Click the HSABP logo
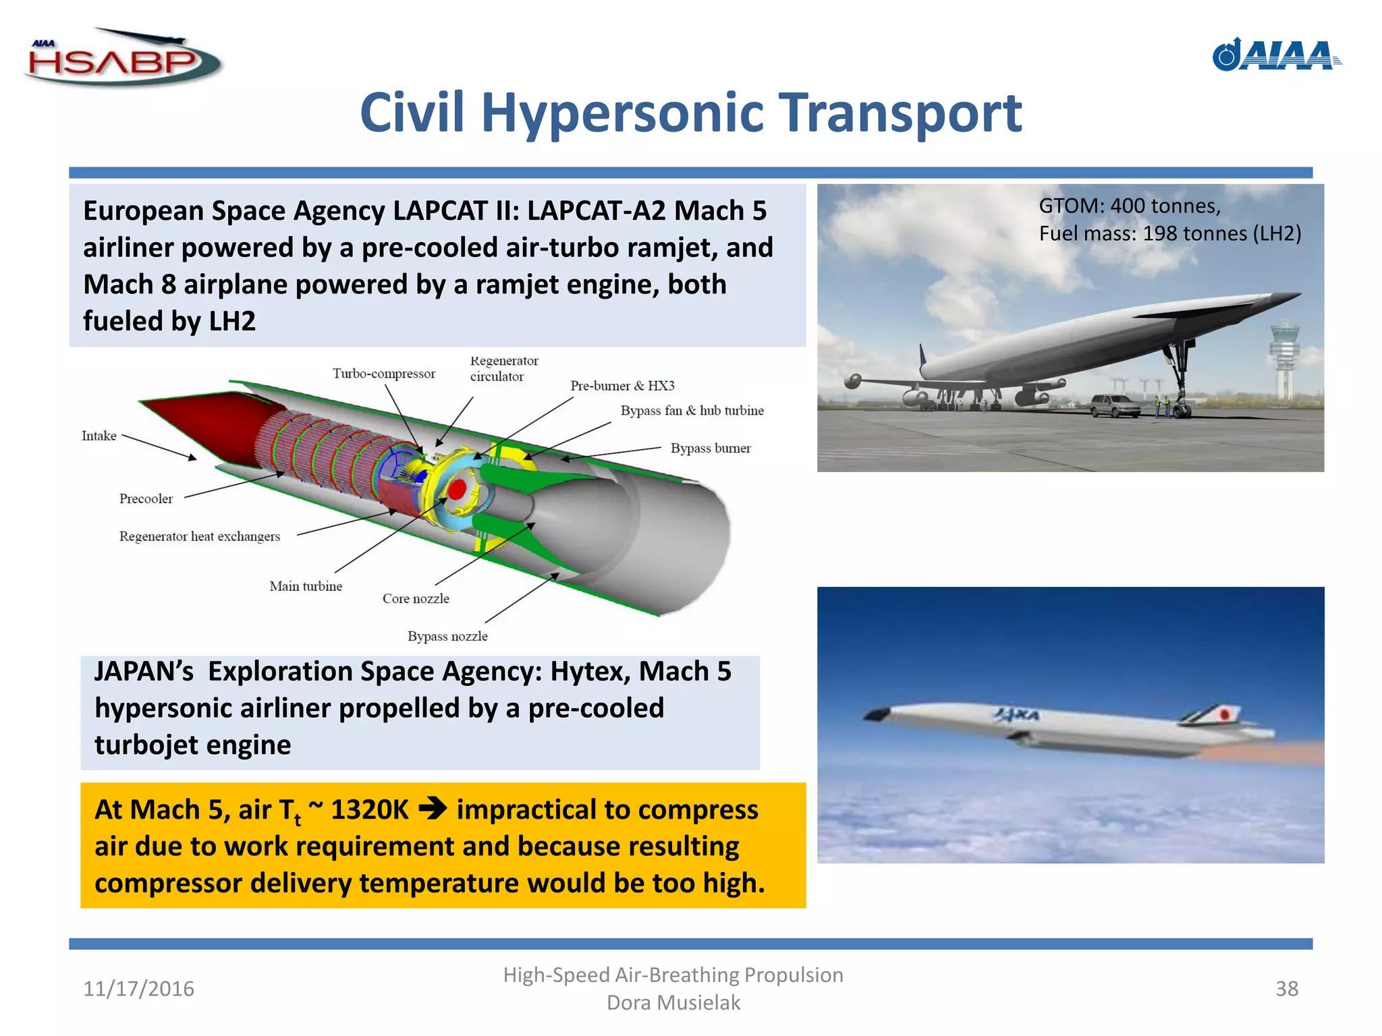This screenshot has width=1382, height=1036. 121,59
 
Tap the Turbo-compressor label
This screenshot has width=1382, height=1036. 383,374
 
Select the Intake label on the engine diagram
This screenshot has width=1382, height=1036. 99,436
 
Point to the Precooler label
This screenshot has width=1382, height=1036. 146,498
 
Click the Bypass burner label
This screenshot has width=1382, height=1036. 710,448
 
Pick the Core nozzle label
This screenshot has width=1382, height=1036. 416,598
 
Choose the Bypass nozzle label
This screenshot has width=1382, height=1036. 447,636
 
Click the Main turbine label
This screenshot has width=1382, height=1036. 306,586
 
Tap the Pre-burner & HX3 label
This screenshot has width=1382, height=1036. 621,386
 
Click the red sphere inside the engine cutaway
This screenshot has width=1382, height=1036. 457,489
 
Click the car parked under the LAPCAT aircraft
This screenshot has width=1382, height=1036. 1115,405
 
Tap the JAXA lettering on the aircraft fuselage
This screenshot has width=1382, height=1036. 1016,715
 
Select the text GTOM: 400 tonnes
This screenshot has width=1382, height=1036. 1129,206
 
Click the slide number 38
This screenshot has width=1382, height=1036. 1286,989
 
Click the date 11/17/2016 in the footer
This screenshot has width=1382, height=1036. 138,989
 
